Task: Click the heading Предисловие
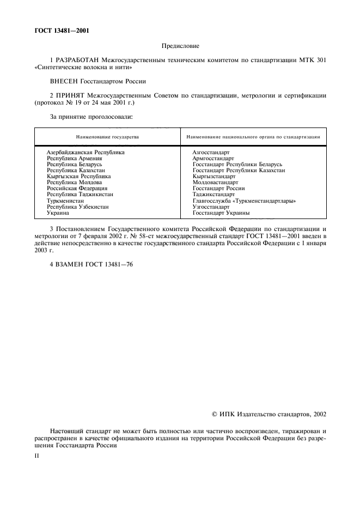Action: [x=180, y=47]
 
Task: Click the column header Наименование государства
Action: [x=107, y=137]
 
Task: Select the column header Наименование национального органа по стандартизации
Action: [x=253, y=137]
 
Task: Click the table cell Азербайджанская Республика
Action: [x=86, y=153]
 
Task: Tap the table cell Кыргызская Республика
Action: [x=79, y=177]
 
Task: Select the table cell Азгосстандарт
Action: [x=211, y=153]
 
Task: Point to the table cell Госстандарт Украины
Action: [x=217, y=212]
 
